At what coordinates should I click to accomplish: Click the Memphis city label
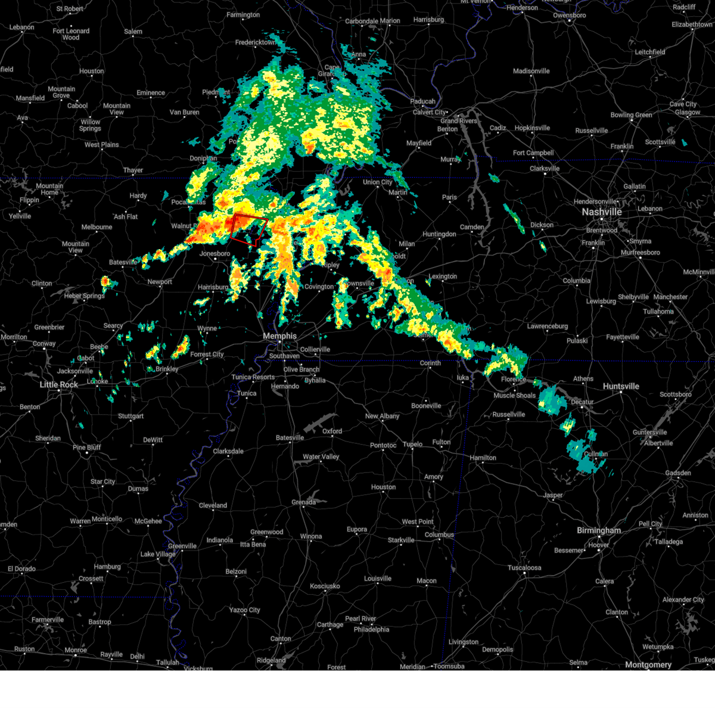pyautogui.click(x=279, y=336)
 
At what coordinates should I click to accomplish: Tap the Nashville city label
pyautogui.click(x=602, y=212)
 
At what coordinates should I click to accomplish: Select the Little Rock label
pyautogui.click(x=59, y=385)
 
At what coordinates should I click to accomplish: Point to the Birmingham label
pyautogui.click(x=599, y=530)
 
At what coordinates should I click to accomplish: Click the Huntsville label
pyautogui.click(x=621, y=386)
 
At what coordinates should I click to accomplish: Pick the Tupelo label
pyautogui.click(x=412, y=444)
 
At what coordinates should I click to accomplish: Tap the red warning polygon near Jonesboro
pyautogui.click(x=248, y=229)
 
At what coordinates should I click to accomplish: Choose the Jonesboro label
pyautogui.click(x=214, y=254)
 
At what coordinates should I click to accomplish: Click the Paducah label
pyautogui.click(x=424, y=101)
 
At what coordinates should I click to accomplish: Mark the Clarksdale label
pyautogui.click(x=228, y=451)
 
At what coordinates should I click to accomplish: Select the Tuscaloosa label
pyautogui.click(x=524, y=568)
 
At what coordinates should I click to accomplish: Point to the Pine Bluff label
pyautogui.click(x=87, y=447)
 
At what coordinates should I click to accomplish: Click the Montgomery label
pyautogui.click(x=648, y=665)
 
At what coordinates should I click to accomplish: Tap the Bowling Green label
pyautogui.click(x=631, y=115)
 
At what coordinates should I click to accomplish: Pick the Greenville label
pyautogui.click(x=182, y=546)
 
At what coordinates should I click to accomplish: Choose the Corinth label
pyautogui.click(x=430, y=363)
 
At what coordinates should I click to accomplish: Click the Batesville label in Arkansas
pyautogui.click(x=123, y=263)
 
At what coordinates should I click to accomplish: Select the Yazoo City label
pyautogui.click(x=245, y=610)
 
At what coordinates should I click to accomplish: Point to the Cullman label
pyautogui.click(x=596, y=454)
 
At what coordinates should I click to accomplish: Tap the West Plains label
pyautogui.click(x=101, y=145)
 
